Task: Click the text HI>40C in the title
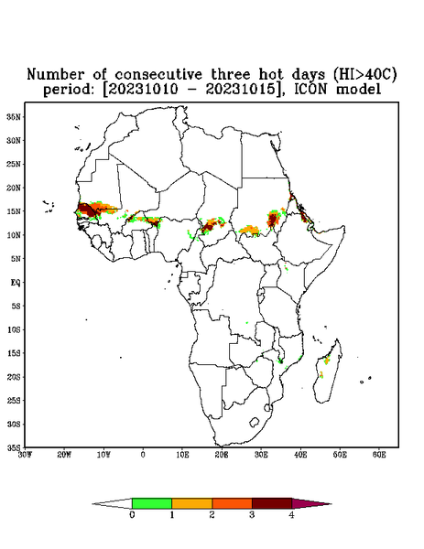coord(364,74)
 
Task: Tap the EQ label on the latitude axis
coord(16,283)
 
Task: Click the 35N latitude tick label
coord(14,117)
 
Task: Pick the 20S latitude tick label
coord(14,377)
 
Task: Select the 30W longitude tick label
coord(25,455)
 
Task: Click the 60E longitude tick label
coord(379,455)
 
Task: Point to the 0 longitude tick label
coord(143,455)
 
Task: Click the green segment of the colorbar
coord(152,503)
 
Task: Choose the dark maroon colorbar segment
coord(272,503)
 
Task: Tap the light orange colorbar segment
coord(192,503)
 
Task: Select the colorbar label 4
coord(291,515)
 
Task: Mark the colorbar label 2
coord(212,515)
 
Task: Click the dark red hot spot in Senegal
coord(86,210)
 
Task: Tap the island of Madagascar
coord(329,371)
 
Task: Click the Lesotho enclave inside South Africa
coord(254,422)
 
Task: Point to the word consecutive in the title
coord(158,75)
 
